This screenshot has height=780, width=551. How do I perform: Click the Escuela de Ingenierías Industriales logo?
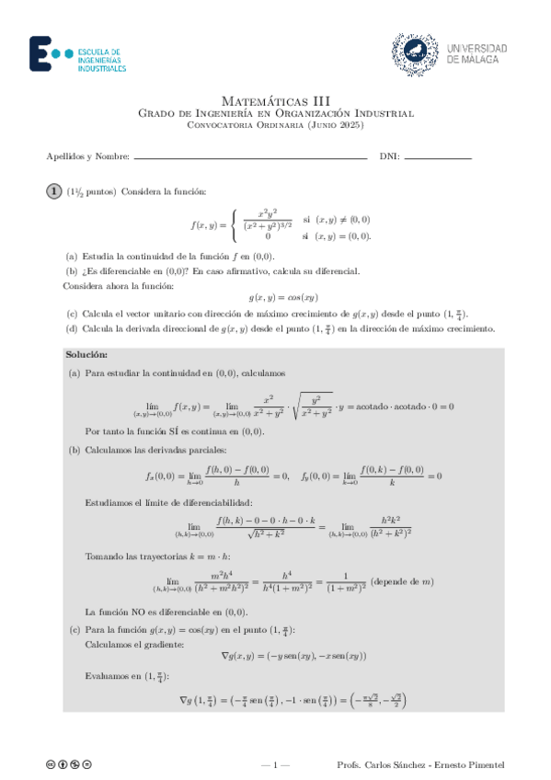click(77, 54)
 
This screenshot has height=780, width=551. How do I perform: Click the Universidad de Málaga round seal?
click(413, 53)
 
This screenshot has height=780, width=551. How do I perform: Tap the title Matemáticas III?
click(275, 99)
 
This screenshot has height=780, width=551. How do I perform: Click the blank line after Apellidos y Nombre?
click(249, 157)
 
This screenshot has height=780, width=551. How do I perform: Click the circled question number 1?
click(55, 190)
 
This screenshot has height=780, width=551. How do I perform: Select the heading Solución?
click(87, 354)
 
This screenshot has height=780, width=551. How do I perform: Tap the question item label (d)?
click(71, 328)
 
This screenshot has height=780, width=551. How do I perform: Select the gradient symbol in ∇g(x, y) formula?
click(225, 656)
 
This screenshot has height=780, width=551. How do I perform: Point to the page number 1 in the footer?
click(275, 764)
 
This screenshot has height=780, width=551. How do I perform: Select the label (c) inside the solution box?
click(74, 630)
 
